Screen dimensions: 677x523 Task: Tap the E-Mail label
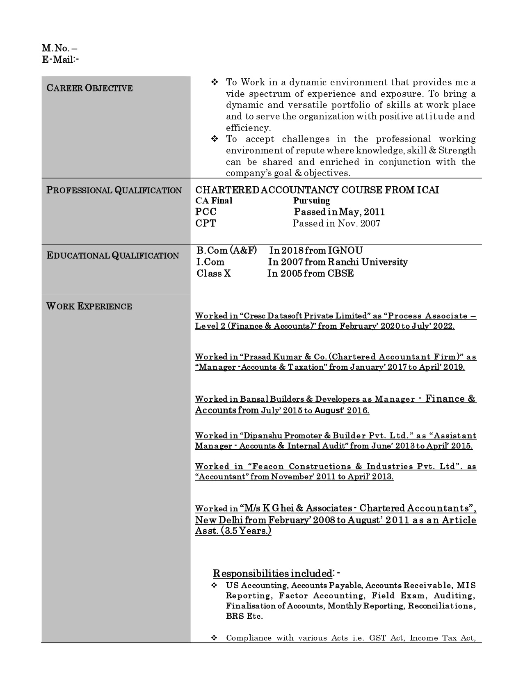tap(60, 59)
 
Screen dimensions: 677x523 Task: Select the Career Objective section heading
tap(89, 88)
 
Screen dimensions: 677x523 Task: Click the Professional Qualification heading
tap(114, 190)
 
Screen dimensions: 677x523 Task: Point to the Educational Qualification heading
tap(113, 256)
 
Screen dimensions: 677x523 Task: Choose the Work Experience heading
tap(89, 306)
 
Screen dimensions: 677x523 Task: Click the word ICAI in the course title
tap(428, 190)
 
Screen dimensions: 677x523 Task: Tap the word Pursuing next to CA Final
tap(311, 201)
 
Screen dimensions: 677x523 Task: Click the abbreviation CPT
tap(206, 224)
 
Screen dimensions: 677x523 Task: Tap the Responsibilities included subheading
tap(272, 573)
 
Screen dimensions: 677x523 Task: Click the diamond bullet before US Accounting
tap(214, 585)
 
